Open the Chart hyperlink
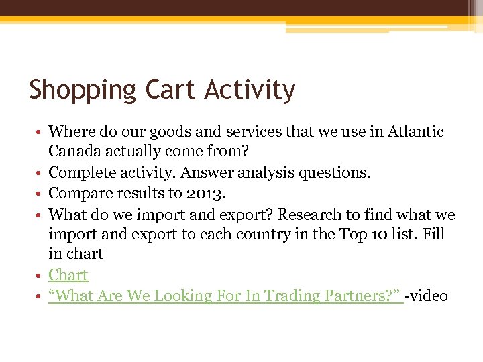68,276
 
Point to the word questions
332,173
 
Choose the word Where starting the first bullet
70,131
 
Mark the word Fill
433,235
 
